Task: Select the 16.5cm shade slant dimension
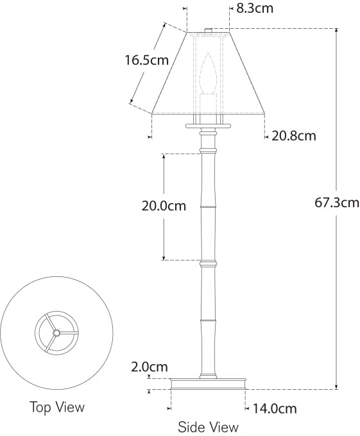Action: point(146,61)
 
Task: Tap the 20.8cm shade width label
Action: point(294,136)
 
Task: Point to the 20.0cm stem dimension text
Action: point(164,206)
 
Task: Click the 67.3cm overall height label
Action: point(337,203)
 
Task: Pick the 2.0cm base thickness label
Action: point(150,367)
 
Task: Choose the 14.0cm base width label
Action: point(275,408)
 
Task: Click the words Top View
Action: point(57,407)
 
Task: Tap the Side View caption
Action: point(208,427)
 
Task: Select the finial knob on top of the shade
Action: point(208,30)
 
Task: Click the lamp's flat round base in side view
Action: point(209,383)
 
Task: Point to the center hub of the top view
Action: point(56,333)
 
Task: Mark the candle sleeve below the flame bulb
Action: point(207,104)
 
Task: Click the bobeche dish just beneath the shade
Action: point(208,124)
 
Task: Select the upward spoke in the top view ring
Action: point(56,323)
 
